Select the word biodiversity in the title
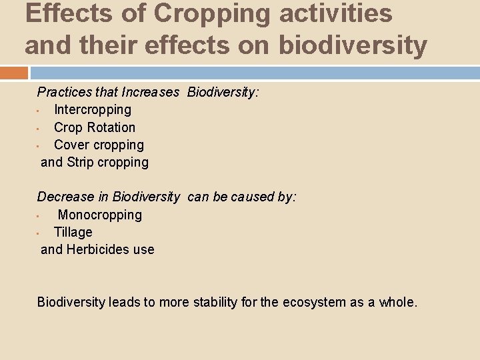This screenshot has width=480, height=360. click(x=353, y=45)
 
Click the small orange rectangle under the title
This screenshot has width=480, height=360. click(x=14, y=73)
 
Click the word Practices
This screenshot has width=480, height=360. click(x=64, y=92)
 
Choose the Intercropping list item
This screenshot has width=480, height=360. click(x=93, y=109)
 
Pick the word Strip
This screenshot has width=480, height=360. click(x=81, y=162)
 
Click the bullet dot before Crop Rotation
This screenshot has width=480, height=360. click(x=39, y=128)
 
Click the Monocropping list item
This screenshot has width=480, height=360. click(x=100, y=215)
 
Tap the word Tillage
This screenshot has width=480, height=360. click(x=73, y=232)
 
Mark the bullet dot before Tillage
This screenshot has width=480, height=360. click(x=39, y=233)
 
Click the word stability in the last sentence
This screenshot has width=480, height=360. click(x=213, y=302)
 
